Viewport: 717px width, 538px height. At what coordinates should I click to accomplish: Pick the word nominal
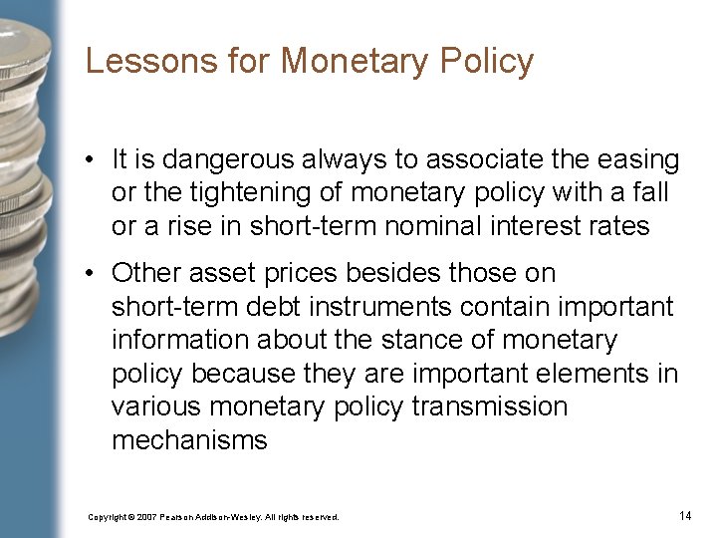(422, 226)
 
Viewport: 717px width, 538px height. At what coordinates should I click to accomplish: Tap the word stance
(387, 340)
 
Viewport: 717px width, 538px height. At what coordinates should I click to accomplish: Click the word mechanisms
(189, 440)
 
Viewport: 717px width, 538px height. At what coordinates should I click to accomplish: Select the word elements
(587, 374)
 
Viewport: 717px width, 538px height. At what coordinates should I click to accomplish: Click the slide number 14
(684, 515)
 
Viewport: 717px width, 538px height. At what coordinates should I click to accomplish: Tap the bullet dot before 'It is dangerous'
(91, 159)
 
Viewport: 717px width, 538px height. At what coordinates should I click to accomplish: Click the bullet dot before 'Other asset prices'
(91, 273)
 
